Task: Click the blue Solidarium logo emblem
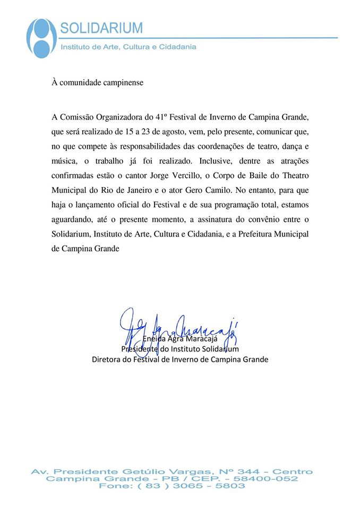coord(41,38)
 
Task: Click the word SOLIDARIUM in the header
coord(101,28)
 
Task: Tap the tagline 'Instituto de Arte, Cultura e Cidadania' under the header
coord(129,47)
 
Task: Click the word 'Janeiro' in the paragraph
coord(140,190)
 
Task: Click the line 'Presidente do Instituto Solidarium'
coord(180,349)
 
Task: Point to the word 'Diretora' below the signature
coord(106,359)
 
